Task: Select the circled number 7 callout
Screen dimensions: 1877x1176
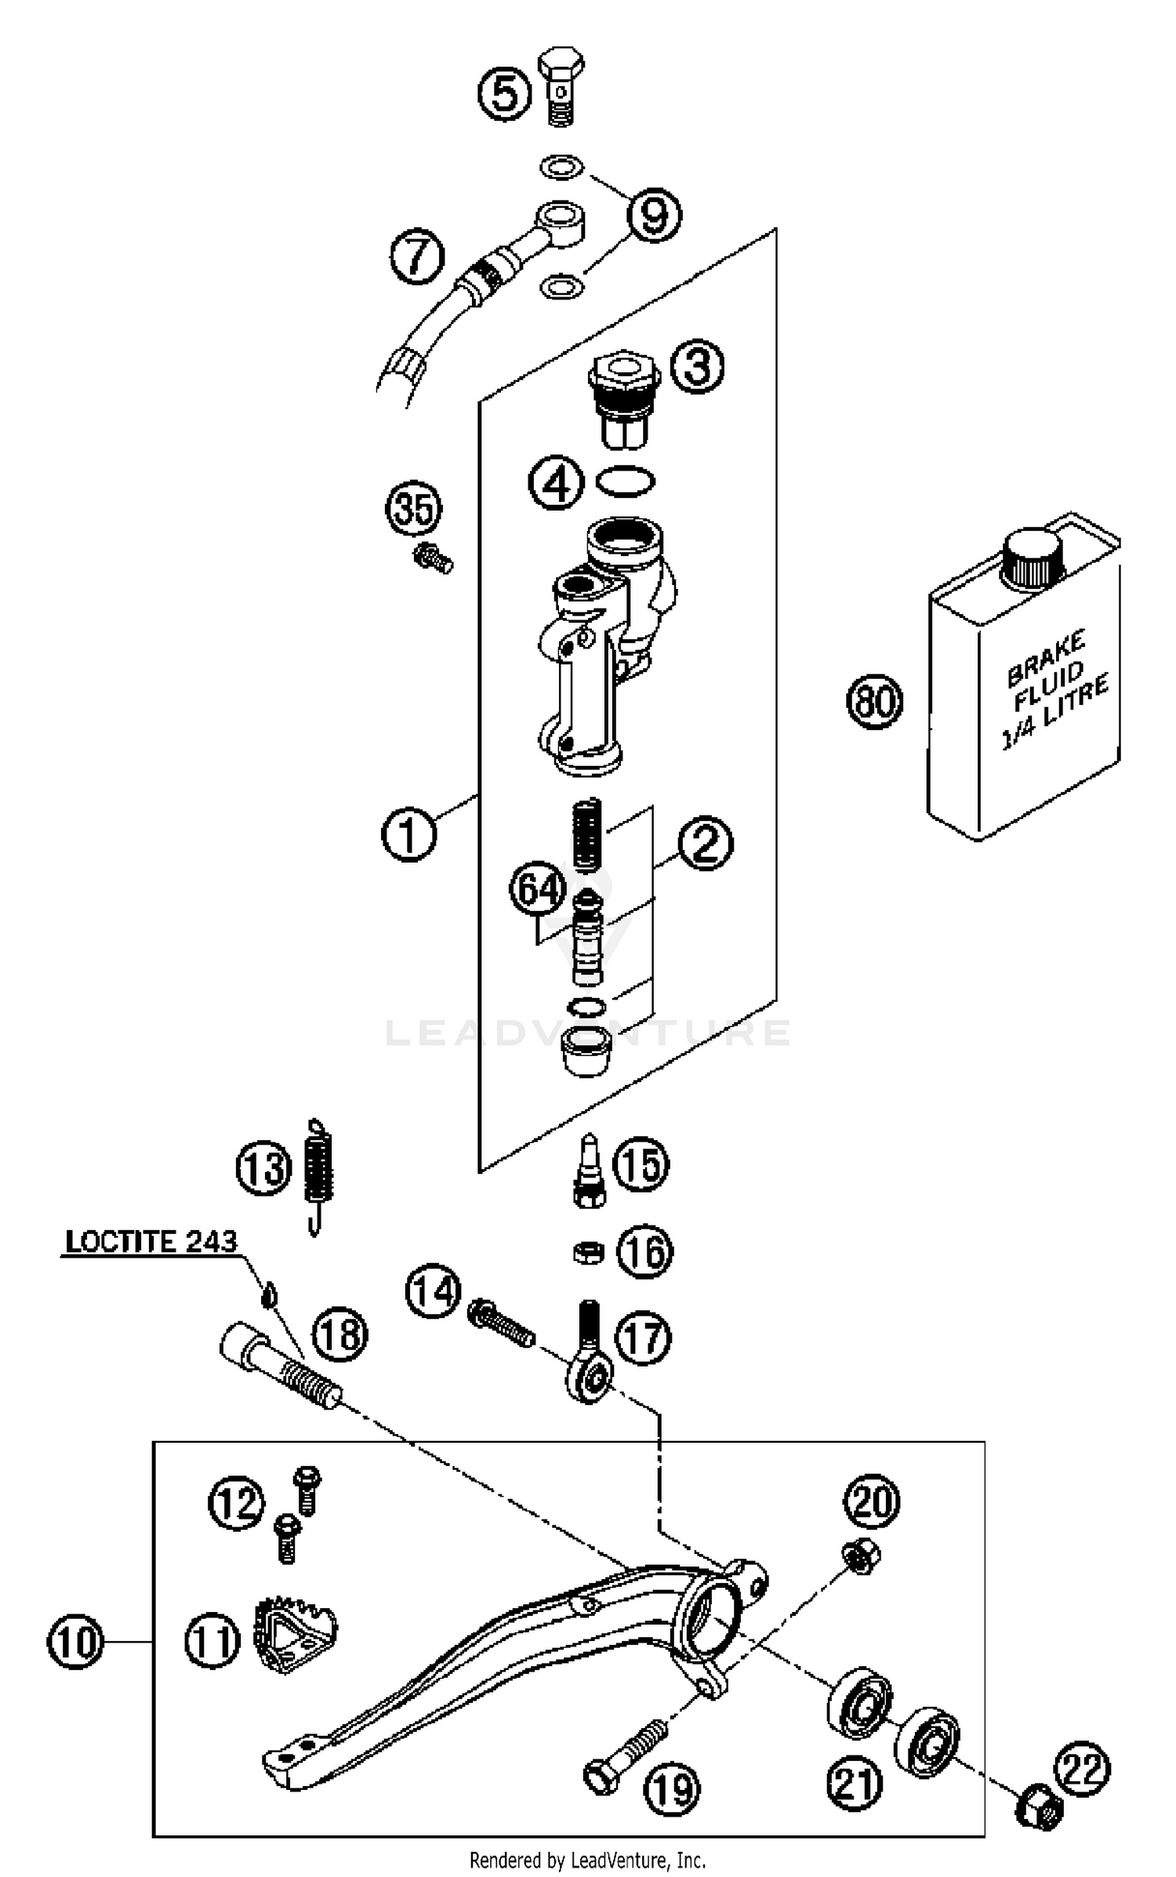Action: (x=417, y=256)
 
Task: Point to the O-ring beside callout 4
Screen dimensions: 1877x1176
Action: (x=626, y=481)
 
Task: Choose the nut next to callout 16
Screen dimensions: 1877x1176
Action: (x=589, y=1253)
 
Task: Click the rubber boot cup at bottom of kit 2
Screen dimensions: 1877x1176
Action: (x=587, y=1051)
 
